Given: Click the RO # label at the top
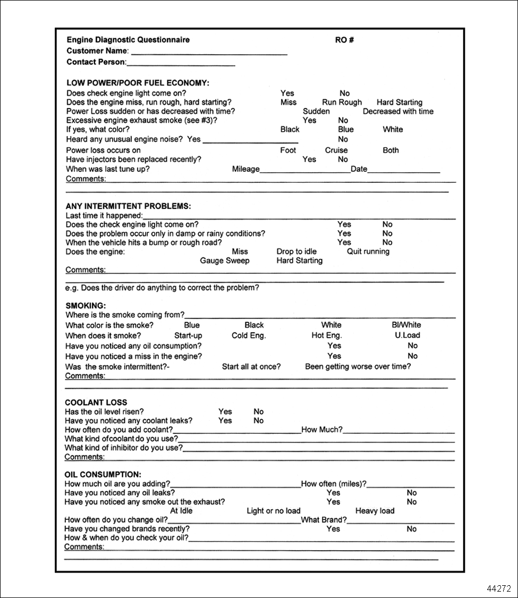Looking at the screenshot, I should coord(344,40).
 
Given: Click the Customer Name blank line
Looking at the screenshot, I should coord(208,53).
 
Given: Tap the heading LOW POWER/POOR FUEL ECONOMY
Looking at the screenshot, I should coord(138,83).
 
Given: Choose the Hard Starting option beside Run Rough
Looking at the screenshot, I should coord(400,102).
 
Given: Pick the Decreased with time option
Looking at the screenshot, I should coord(398,112).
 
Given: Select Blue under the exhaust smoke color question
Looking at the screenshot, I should coord(345,129).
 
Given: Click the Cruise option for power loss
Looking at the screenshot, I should coord(336,150).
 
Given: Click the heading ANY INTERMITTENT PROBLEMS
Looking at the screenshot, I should coord(128,206).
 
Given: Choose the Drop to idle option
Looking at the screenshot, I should coord(296,251).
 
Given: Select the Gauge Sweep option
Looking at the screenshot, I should coord(224,261).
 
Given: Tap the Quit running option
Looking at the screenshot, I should coord(368,251).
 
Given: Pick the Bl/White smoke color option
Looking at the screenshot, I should coord(406,325).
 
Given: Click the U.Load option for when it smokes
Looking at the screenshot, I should coord(407,335).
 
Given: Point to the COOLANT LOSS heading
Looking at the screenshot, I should coord(96,402).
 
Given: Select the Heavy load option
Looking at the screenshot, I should coord(375,511).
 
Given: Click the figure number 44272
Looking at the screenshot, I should coord(498,588).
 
